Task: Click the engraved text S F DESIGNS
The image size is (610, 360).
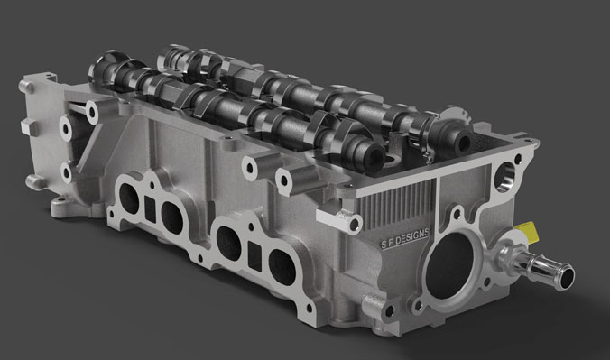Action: [405, 237]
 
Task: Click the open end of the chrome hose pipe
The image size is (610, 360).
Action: [567, 277]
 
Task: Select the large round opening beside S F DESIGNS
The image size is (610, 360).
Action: [450, 264]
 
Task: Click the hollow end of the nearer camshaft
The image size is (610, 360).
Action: [375, 157]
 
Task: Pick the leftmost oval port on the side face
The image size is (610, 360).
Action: [129, 198]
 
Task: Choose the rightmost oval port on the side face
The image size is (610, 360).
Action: [282, 266]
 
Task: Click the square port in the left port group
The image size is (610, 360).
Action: [150, 209]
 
